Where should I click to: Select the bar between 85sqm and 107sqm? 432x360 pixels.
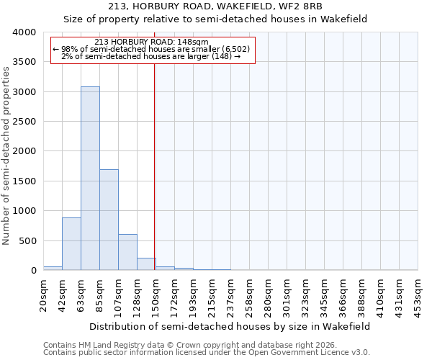(109, 220)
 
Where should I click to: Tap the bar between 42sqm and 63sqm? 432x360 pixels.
(71, 244)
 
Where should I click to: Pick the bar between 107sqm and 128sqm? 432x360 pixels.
(127, 252)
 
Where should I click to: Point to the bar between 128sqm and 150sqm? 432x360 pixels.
(146, 264)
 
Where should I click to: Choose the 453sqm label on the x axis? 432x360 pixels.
(418, 294)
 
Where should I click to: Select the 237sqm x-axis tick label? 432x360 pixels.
(231, 294)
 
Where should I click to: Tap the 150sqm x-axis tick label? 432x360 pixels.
(156, 294)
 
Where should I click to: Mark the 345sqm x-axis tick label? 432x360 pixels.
(325, 294)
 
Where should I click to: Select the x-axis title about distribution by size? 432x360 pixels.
(230, 326)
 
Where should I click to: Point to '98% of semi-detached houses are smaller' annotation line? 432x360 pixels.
(151, 49)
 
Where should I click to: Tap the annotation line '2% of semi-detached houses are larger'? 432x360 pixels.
(151, 56)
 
